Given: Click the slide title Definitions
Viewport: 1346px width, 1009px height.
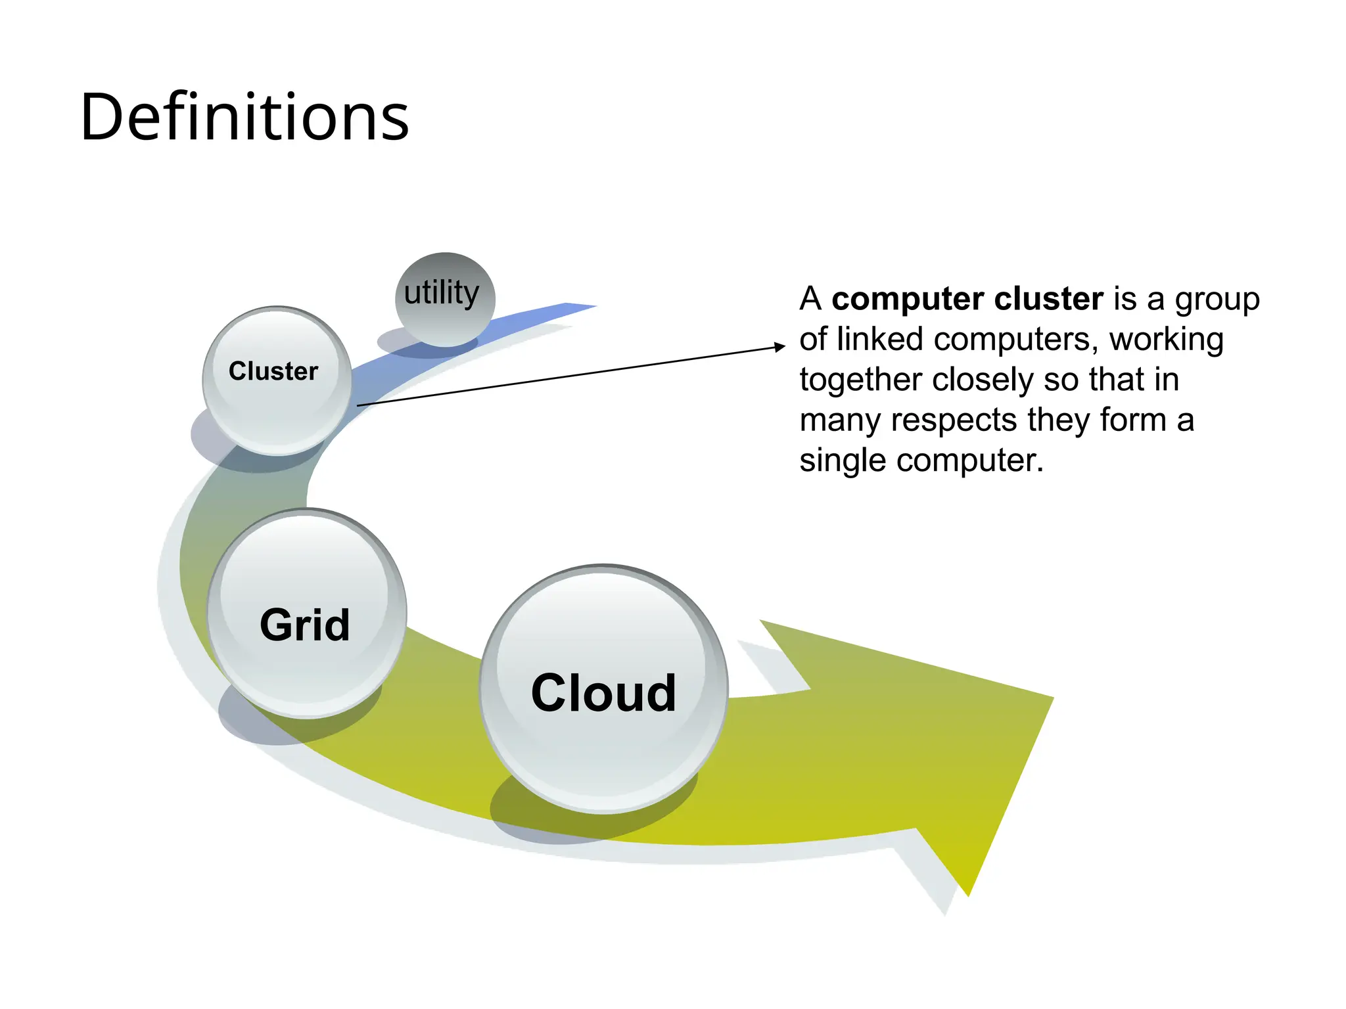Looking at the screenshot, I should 244,118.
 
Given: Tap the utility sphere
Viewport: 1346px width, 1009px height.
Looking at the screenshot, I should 445,299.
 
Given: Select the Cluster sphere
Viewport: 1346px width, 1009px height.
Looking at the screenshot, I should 277,381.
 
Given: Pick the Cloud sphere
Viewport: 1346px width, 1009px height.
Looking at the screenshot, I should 603,689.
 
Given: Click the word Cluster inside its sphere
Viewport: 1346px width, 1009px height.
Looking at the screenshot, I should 273,371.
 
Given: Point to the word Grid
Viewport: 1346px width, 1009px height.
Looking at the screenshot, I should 304,625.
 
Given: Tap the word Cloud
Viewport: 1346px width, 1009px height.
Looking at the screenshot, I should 603,693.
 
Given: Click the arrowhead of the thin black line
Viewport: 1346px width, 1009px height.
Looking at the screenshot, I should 780,346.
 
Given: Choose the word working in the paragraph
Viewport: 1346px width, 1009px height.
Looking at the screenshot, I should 1166,340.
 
